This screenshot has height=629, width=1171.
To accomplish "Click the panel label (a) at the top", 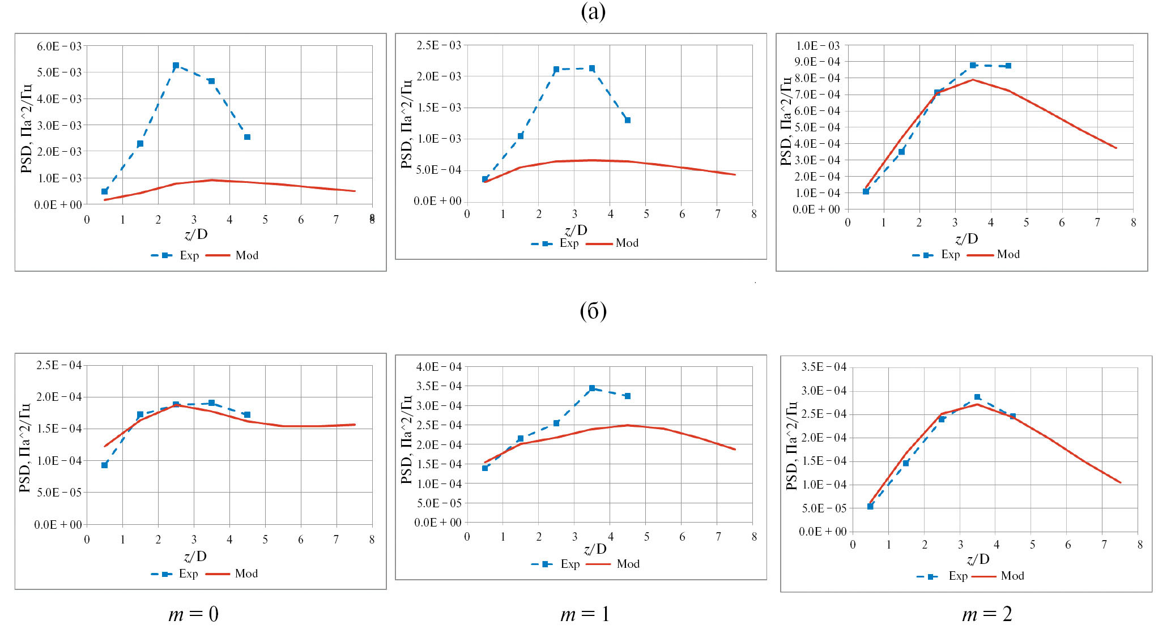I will coord(593,12).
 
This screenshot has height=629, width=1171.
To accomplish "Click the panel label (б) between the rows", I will coord(593,311).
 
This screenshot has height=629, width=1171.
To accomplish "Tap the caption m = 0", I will coord(193,614).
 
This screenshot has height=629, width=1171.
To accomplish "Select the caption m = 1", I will coord(585,614).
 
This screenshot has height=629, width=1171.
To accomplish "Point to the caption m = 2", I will coord(987,614).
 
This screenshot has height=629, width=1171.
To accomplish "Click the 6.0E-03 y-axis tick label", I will coord(59,46).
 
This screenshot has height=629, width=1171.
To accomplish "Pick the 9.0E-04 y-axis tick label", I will coord(817,62).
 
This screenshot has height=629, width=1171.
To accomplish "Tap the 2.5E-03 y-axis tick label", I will coord(438,45).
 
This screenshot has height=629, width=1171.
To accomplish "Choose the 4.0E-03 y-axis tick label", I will coord(59,99).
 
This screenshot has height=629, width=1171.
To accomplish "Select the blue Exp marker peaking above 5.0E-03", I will coord(176,66).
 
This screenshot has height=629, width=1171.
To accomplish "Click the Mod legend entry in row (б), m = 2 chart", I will coord(1012,576).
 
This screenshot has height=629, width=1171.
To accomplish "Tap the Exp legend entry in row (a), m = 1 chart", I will coord(569,243).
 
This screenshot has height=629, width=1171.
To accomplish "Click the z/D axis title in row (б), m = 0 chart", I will coord(195,556).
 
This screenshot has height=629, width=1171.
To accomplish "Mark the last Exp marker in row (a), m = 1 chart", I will coord(628,120).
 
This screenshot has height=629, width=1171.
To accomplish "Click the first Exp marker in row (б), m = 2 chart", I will coord(870,506).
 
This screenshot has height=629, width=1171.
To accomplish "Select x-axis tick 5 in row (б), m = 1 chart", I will coord(646,536).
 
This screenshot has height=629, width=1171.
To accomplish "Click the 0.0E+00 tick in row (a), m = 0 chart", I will coord(58,204).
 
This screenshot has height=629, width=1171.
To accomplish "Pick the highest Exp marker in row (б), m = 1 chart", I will coord(592,388).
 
